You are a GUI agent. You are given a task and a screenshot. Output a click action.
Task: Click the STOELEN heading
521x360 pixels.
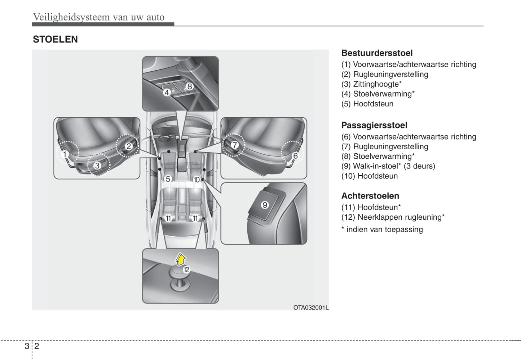click(x=55, y=39)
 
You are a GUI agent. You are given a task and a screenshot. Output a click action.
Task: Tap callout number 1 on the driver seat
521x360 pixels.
click(x=65, y=154)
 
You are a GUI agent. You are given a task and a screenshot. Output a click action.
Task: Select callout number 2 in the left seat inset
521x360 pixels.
click(x=129, y=146)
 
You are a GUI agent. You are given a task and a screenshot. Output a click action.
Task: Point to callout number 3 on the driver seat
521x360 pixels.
click(x=97, y=166)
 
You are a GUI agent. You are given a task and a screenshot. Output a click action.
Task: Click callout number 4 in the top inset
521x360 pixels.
click(x=167, y=92)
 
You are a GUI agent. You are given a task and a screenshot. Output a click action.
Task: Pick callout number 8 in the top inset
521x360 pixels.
click(x=190, y=86)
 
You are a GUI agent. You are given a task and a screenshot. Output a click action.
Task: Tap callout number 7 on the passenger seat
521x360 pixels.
click(x=235, y=145)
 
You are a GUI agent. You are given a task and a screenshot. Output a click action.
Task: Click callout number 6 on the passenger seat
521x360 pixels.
click(x=295, y=156)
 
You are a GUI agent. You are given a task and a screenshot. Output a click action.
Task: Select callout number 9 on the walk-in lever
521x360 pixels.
click(x=265, y=205)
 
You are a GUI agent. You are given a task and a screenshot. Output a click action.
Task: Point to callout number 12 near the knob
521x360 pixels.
click(x=186, y=269)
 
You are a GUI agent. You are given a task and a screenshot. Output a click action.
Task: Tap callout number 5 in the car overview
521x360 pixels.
click(x=168, y=179)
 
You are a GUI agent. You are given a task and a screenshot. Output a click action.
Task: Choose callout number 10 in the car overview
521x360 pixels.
click(x=197, y=179)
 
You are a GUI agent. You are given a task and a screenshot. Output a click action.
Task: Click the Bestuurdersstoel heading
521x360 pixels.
click(x=377, y=53)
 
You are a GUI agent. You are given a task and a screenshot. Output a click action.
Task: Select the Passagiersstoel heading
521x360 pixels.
click(x=374, y=125)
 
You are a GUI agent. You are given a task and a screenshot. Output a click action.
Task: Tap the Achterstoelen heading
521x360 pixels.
click(x=370, y=196)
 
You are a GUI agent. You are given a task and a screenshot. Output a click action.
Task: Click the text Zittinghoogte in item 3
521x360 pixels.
click(x=376, y=84)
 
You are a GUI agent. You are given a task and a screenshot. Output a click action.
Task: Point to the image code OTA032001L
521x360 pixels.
click(x=310, y=307)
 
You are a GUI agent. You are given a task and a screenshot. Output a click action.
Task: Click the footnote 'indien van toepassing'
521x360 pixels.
click(x=384, y=229)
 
